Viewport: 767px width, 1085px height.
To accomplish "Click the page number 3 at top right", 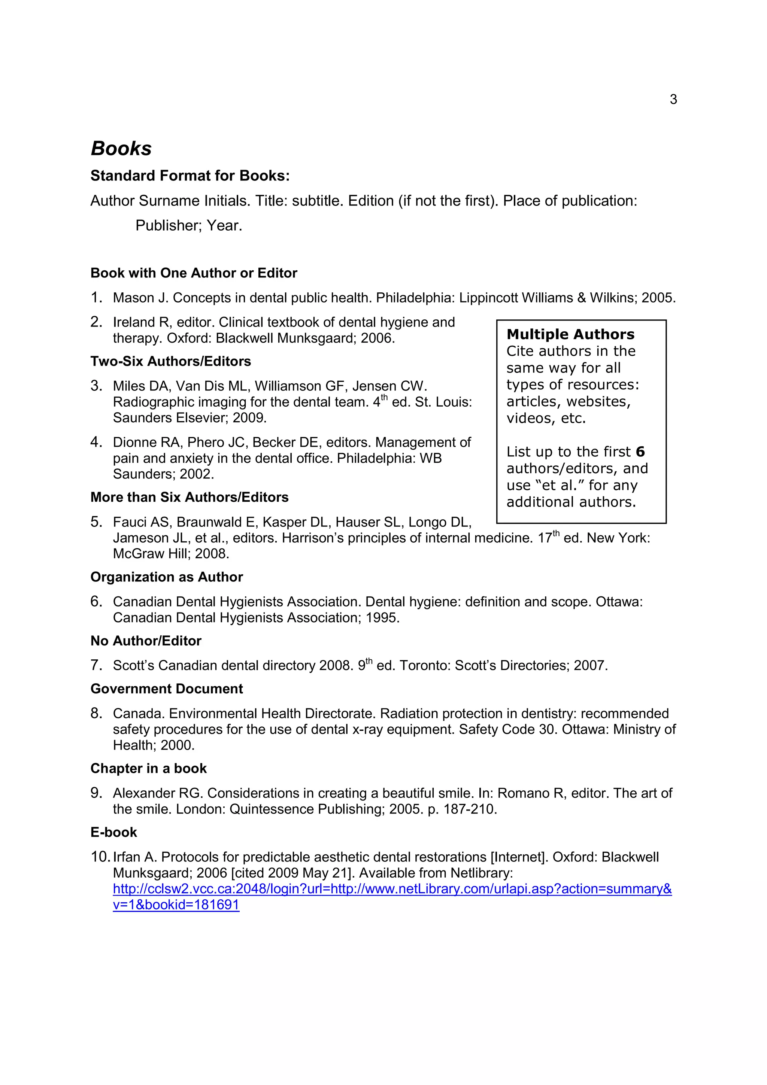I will [673, 99].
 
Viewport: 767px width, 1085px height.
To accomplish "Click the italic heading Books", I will [121, 148].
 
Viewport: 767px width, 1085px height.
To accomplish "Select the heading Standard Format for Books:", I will [190, 176].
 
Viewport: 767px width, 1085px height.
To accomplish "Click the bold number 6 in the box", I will [640, 452].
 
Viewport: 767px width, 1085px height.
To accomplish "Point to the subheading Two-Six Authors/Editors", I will [171, 362].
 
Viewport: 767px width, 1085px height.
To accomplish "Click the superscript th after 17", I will [556, 534].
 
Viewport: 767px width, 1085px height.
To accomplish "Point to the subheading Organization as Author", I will [166, 577].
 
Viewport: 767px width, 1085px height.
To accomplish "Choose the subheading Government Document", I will [166, 689].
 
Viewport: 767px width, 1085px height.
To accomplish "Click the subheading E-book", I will [113, 832].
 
